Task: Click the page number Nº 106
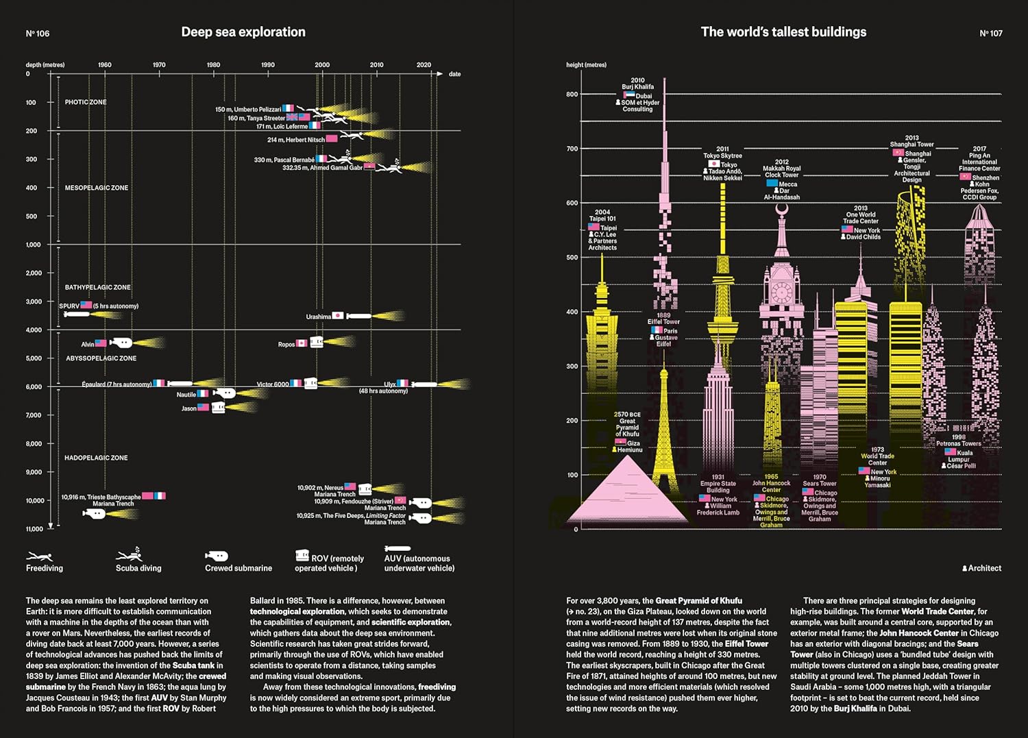click(x=38, y=34)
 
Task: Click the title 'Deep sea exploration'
click(x=243, y=32)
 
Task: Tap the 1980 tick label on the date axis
click(x=213, y=65)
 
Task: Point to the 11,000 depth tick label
click(x=34, y=529)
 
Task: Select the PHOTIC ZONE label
click(x=86, y=102)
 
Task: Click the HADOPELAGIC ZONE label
click(x=96, y=458)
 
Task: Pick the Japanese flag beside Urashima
click(x=338, y=316)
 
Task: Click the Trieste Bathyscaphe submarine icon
click(x=94, y=514)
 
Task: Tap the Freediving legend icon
click(x=40, y=556)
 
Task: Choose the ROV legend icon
click(x=302, y=555)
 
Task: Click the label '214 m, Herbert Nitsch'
click(x=296, y=140)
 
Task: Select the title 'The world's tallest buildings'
click(x=783, y=32)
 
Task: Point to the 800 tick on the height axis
click(x=572, y=95)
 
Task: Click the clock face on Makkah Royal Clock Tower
click(x=781, y=293)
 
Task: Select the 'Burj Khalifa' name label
click(x=637, y=87)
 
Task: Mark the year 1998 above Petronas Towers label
click(x=958, y=436)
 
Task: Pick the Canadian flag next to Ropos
click(x=302, y=343)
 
